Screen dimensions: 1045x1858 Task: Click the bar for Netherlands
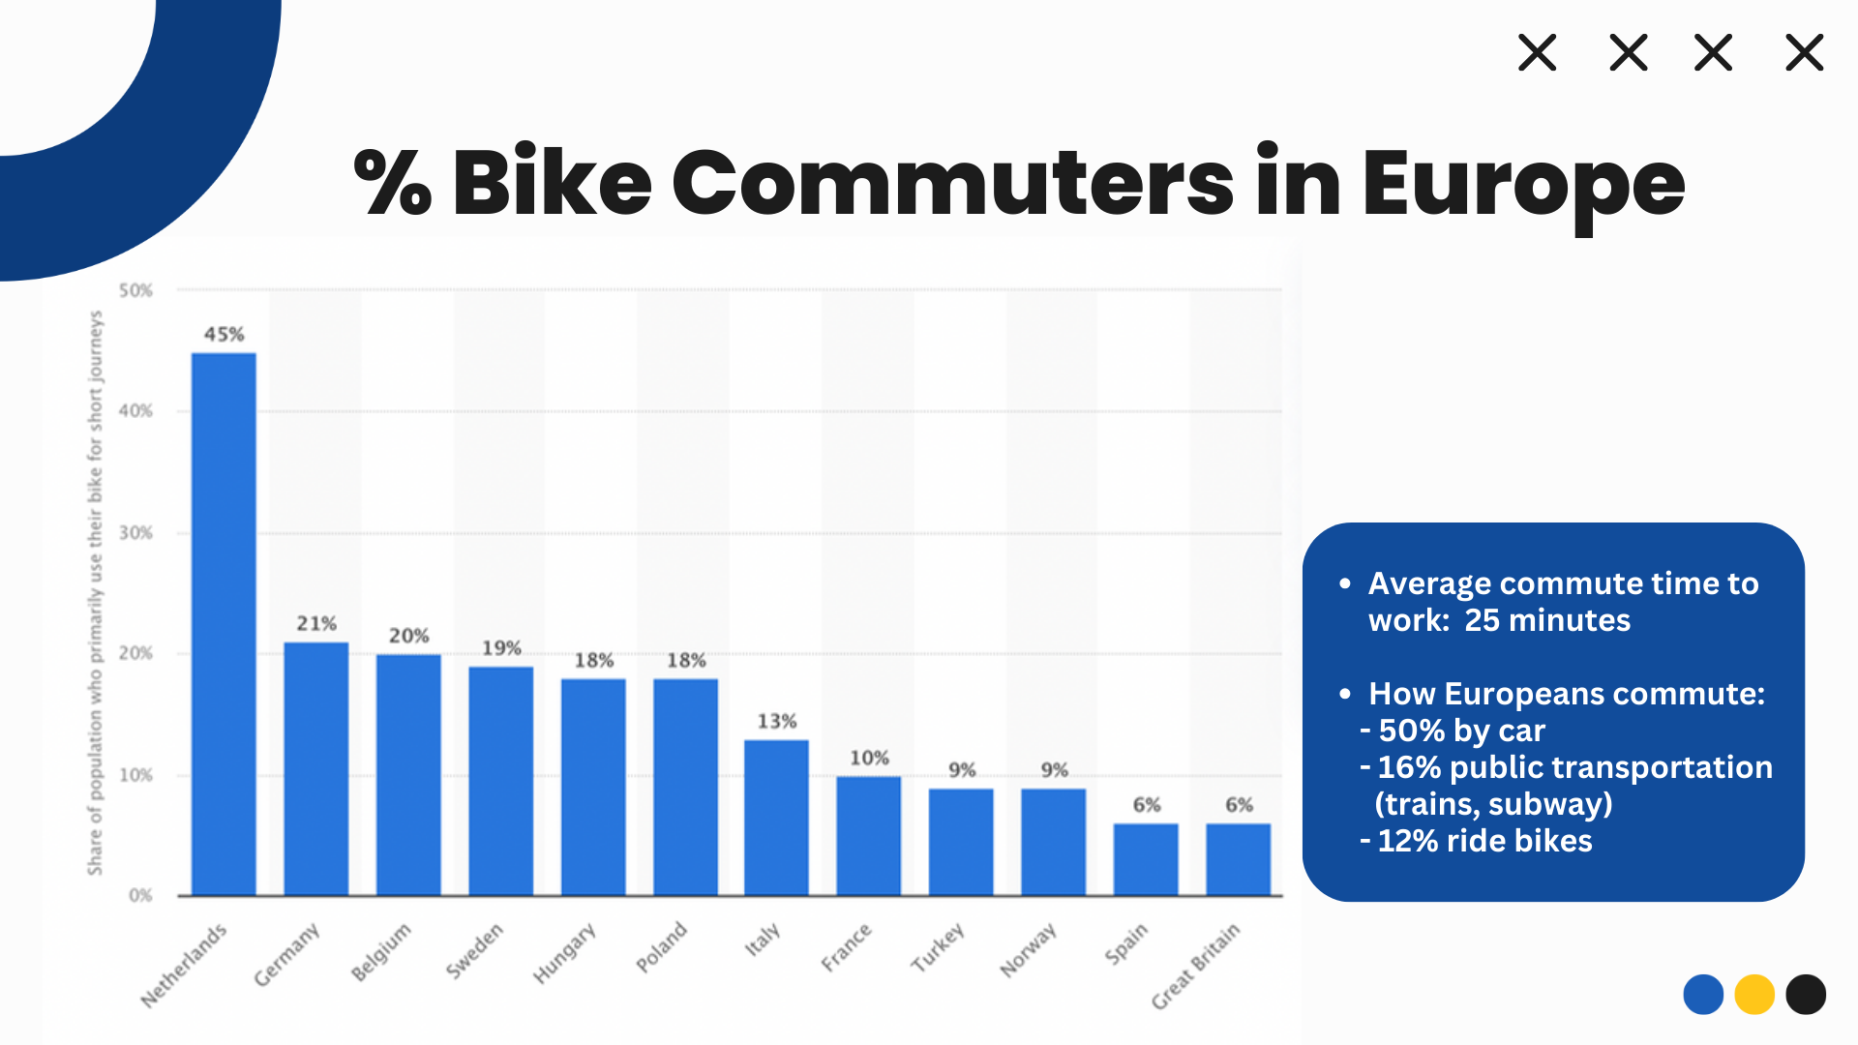pyautogui.click(x=224, y=624)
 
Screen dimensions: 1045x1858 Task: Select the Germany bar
pyautogui.click(x=316, y=769)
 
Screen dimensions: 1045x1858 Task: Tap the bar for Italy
pyautogui.click(x=776, y=818)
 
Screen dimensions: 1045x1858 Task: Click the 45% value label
pyautogui.click(x=224, y=335)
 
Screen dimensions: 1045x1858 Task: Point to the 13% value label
pyautogui.click(x=777, y=721)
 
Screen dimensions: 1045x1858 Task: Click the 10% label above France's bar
pyautogui.click(x=869, y=758)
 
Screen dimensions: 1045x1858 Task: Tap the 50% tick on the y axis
pyautogui.click(x=135, y=290)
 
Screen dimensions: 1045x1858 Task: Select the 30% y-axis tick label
pyautogui.click(x=135, y=533)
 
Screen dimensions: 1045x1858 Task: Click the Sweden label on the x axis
pyautogui.click(x=474, y=950)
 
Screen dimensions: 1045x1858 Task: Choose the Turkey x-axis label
pyautogui.click(x=938, y=947)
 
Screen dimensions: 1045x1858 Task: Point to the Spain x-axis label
pyautogui.click(x=1126, y=943)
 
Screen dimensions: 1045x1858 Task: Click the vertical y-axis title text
pyautogui.click(x=95, y=592)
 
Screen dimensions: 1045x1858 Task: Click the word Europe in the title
pyautogui.click(x=1523, y=184)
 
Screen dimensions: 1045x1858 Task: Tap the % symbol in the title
pyautogui.click(x=392, y=182)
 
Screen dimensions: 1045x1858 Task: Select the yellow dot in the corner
pyautogui.click(x=1754, y=995)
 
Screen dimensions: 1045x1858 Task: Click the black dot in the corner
pyautogui.click(x=1806, y=995)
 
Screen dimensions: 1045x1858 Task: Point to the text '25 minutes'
pyautogui.click(x=1547, y=620)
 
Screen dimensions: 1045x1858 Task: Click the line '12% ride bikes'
pyautogui.click(x=1484, y=841)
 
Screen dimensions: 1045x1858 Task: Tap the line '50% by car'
pyautogui.click(x=1461, y=731)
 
